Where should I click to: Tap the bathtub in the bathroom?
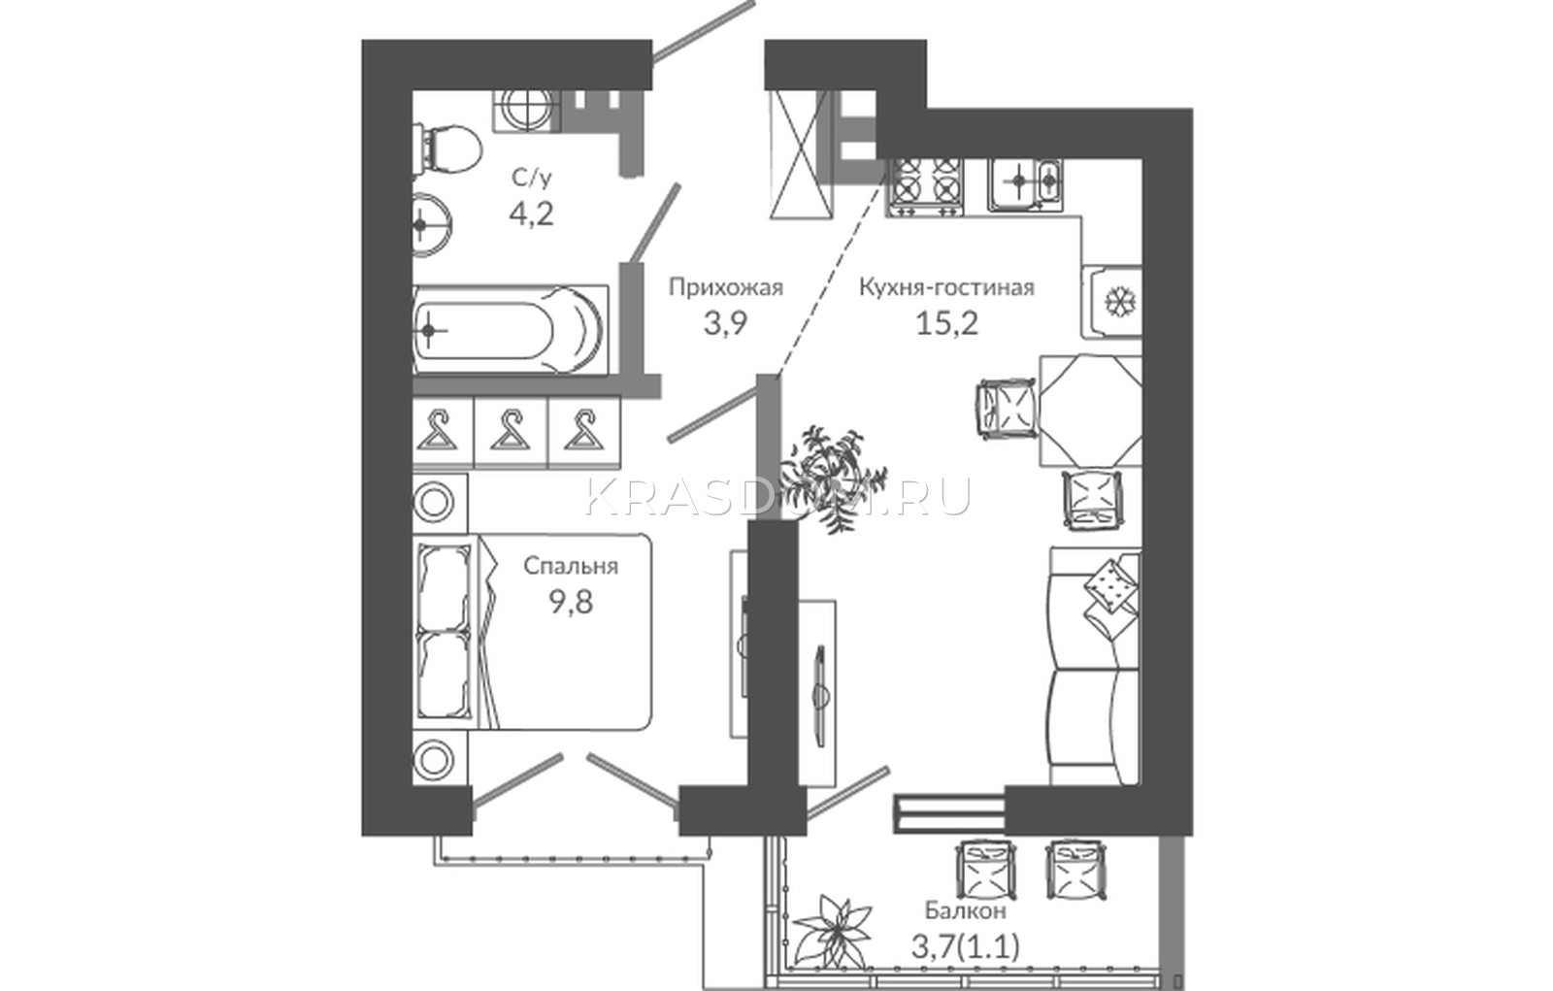tap(510, 330)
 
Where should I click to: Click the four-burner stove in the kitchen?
tap(927, 185)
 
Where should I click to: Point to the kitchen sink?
tap(1025, 183)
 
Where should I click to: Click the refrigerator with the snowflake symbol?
tap(1112, 302)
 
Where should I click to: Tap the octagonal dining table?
tap(1091, 411)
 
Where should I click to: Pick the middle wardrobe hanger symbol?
tap(511, 431)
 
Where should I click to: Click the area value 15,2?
tap(947, 322)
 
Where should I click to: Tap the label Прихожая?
tap(726, 287)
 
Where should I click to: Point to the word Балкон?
tap(965, 910)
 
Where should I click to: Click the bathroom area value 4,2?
tap(532, 215)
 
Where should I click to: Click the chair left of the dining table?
tap(1006, 411)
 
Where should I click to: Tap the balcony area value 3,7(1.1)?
tap(965, 947)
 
